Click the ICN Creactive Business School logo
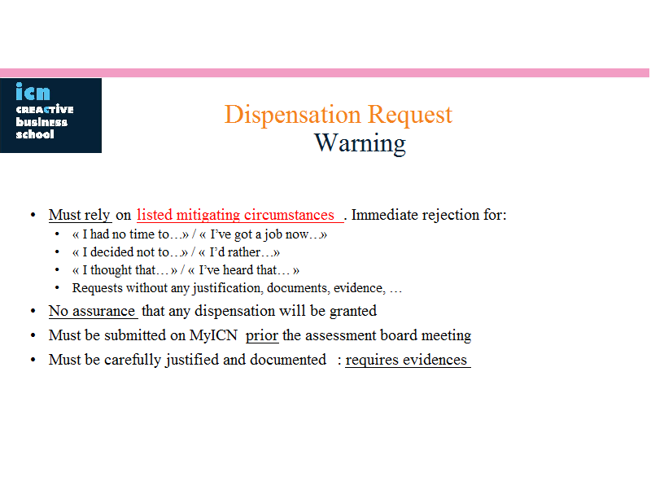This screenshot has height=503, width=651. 50,116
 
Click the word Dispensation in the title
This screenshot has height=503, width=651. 293,115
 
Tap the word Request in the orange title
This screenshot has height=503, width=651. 410,115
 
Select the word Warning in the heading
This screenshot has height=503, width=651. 360,143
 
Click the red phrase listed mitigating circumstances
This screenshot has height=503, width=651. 235,215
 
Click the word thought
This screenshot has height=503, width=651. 111,270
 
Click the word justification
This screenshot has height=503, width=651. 228,288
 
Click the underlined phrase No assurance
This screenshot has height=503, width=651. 92,311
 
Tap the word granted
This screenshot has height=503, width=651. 353,311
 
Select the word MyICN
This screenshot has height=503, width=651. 213,335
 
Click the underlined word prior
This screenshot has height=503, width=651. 262,335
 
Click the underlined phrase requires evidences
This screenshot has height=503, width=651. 406,360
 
